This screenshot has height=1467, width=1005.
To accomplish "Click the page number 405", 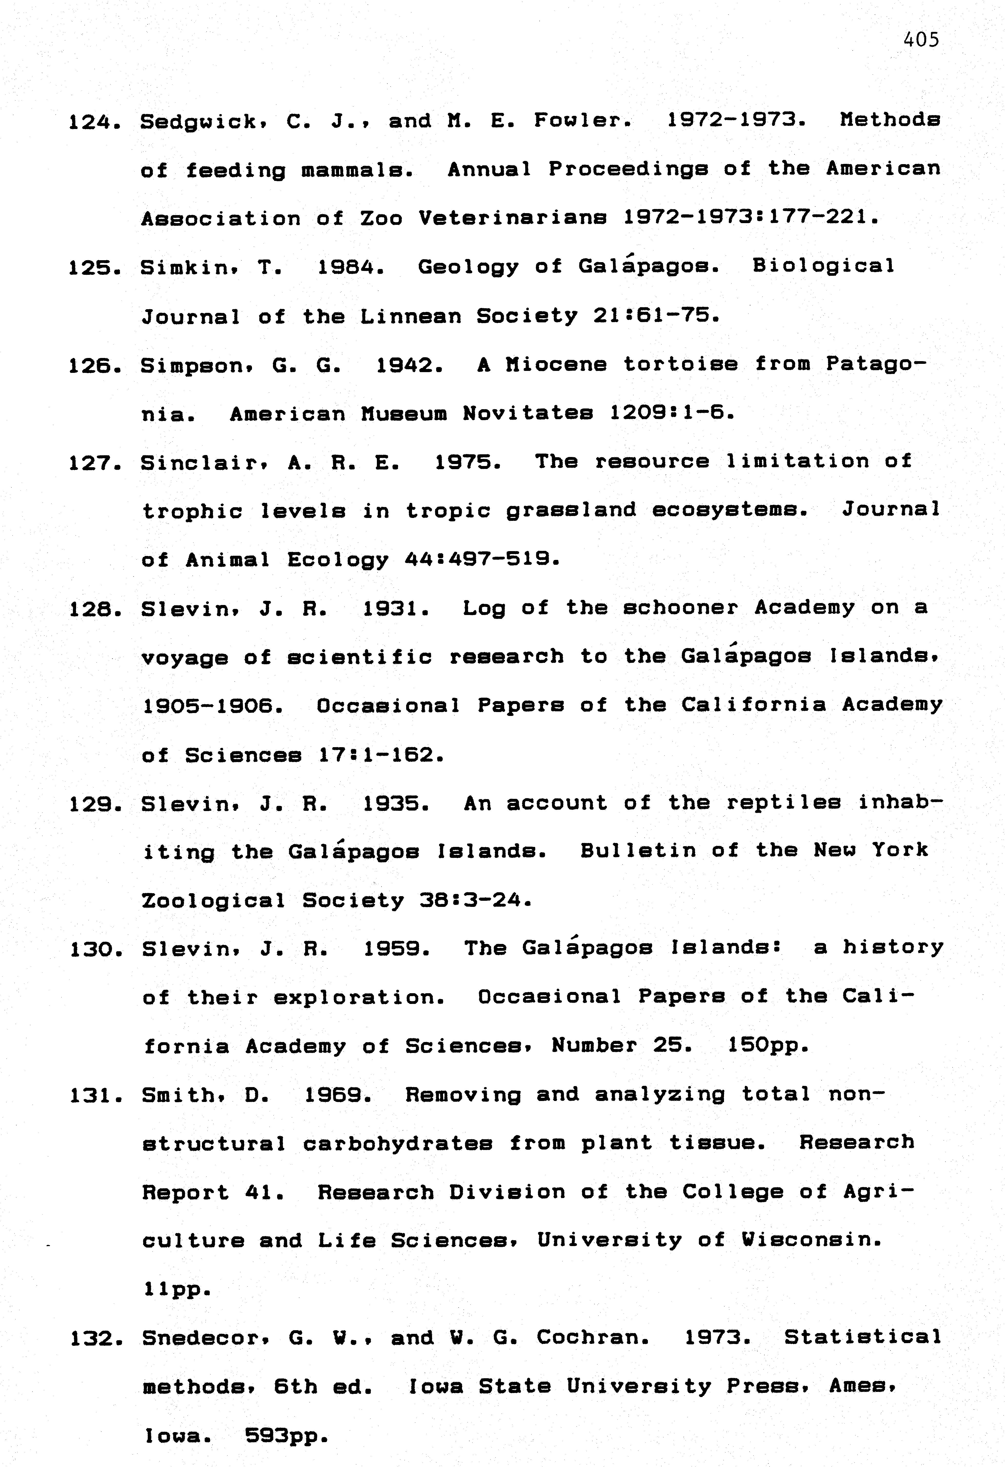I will click(921, 40).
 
